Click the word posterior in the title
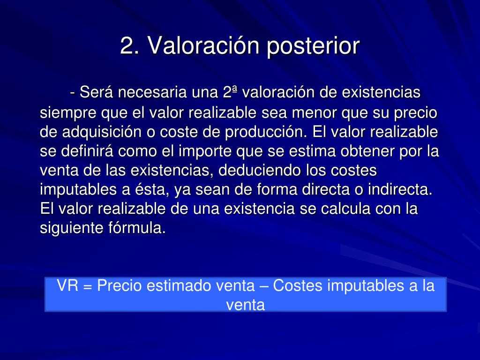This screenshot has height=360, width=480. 313,46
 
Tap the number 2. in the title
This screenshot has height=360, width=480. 130,45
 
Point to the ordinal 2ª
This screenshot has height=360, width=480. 230,92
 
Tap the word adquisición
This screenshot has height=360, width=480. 102,132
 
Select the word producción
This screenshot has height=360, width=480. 266,132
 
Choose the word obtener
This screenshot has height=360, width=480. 367,151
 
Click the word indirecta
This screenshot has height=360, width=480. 400,189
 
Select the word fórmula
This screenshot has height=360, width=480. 137,228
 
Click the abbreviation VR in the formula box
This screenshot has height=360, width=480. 67,285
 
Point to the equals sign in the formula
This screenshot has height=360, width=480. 88,287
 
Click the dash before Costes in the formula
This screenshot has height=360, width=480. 263,287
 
